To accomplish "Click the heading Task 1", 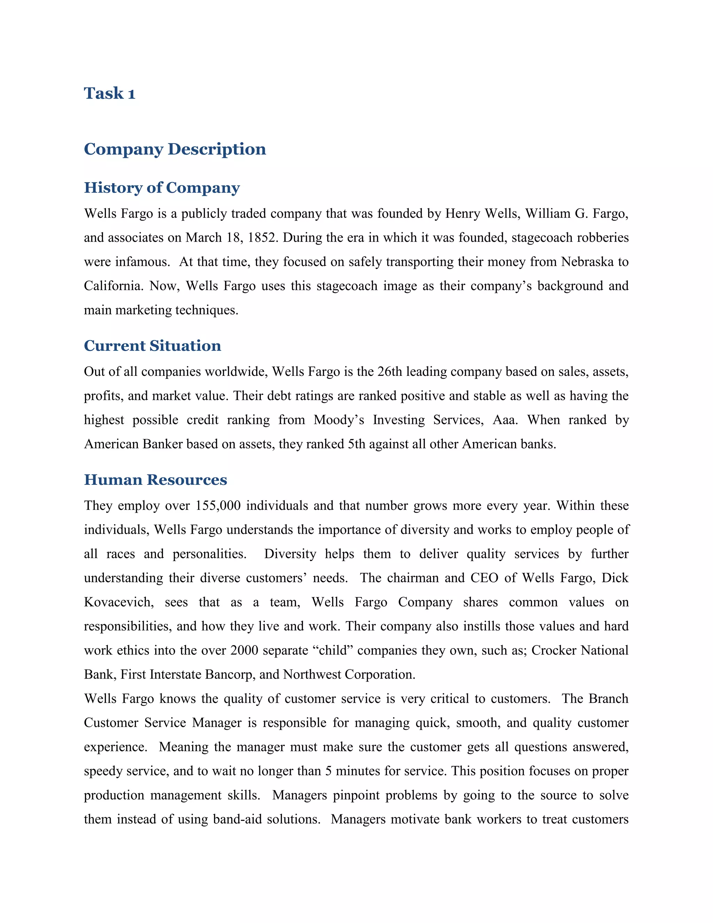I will click(109, 93).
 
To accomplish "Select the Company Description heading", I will click(175, 149).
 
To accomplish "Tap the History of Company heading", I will click(162, 188).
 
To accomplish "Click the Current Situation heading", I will click(152, 346).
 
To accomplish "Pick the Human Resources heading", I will click(155, 480).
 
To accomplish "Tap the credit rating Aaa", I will click(505, 420).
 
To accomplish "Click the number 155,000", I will click(218, 505).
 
